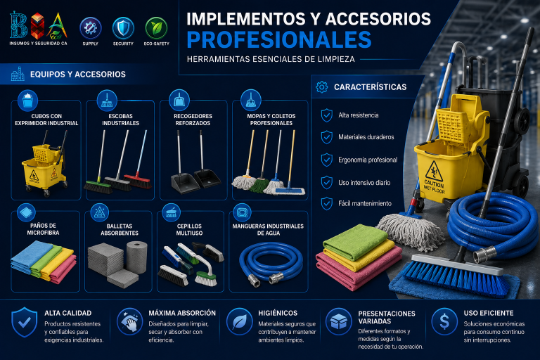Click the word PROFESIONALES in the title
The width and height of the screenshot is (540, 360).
(279, 40)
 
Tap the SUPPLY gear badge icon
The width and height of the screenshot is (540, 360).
(91, 28)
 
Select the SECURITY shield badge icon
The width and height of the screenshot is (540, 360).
(123, 28)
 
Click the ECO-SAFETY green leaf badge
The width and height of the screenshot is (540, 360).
(156, 28)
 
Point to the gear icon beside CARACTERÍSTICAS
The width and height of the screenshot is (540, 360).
(321, 86)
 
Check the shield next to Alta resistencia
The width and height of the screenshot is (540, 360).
(326, 115)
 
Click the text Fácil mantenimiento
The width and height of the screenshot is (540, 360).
(365, 203)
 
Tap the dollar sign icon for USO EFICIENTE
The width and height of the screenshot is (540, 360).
(444, 321)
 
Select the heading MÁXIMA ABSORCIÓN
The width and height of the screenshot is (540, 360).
(182, 313)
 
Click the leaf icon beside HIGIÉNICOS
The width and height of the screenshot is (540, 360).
(239, 321)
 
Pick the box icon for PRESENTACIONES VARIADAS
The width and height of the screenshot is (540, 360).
(338, 321)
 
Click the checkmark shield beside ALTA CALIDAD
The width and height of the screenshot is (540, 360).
(24, 322)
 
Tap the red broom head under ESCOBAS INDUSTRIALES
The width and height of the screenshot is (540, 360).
(138, 181)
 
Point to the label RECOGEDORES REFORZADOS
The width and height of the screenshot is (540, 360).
(193, 120)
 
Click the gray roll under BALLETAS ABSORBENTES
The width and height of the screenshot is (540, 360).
(136, 257)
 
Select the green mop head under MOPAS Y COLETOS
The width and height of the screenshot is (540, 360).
(259, 185)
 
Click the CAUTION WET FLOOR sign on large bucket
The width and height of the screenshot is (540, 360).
(434, 177)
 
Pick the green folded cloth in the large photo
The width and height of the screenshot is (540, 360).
(355, 241)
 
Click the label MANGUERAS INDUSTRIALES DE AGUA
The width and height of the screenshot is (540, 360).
(268, 229)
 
